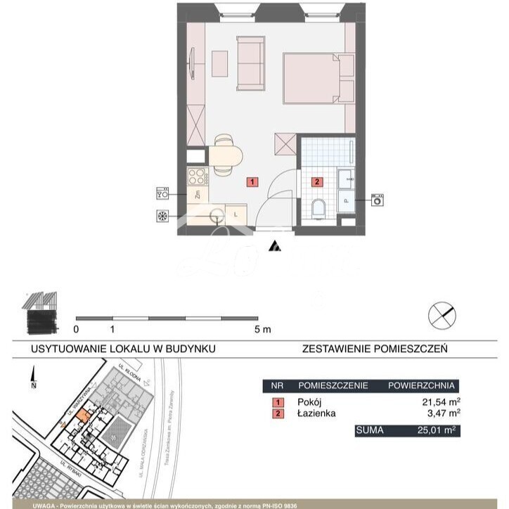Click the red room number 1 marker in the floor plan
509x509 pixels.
click(x=252, y=182)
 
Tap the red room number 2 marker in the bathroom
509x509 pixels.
click(x=317, y=182)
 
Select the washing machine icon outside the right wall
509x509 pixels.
click(x=379, y=200)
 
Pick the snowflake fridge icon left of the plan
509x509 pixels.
click(x=162, y=217)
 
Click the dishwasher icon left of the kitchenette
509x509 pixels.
click(x=162, y=193)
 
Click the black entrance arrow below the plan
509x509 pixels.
click(x=276, y=246)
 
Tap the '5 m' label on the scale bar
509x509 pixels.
click(x=262, y=329)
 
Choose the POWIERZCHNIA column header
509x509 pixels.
click(x=421, y=386)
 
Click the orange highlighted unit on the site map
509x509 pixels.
click(x=82, y=416)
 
